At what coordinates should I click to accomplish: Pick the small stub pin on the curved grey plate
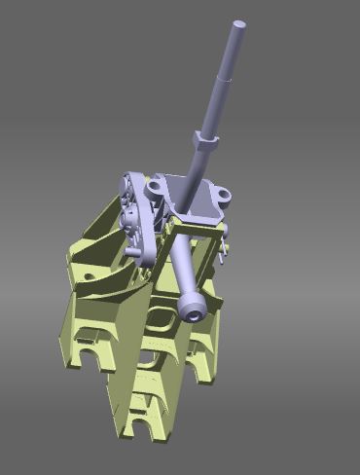pos(129,251)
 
